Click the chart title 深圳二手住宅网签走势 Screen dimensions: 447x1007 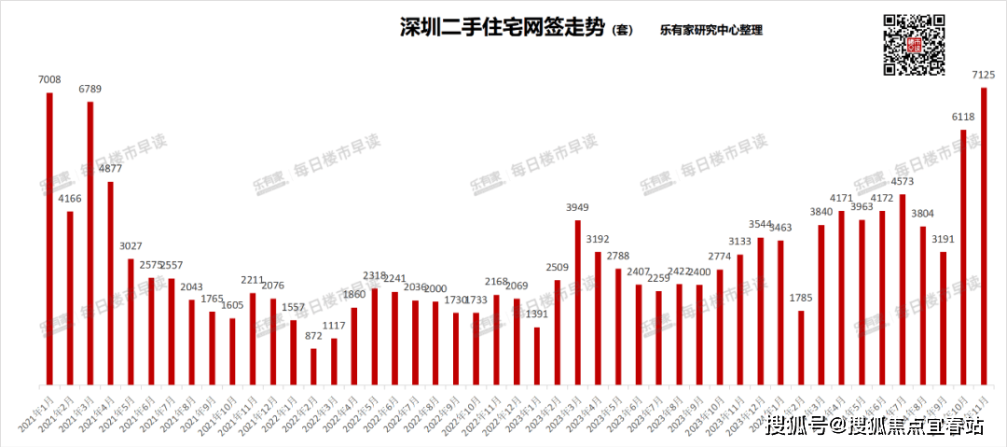coord(503,28)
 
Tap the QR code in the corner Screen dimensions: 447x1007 coord(914,44)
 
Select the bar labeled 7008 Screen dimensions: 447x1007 coord(49,239)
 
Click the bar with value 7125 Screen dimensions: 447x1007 coord(984,236)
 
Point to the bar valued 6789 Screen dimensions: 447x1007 coord(90,243)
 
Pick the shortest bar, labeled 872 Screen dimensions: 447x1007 coord(313,367)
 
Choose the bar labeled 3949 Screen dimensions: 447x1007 coord(578,302)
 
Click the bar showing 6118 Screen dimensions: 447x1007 coord(963,258)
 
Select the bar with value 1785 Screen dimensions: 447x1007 coord(801,347)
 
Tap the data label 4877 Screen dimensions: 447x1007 coord(110,169)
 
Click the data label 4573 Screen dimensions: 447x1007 coord(903,182)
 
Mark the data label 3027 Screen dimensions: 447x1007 coord(131,246)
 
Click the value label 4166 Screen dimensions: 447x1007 coord(70,199)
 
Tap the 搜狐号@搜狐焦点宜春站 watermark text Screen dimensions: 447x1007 coord(875,426)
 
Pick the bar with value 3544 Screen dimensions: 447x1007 coord(760,311)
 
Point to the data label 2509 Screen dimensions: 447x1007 coord(558,267)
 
